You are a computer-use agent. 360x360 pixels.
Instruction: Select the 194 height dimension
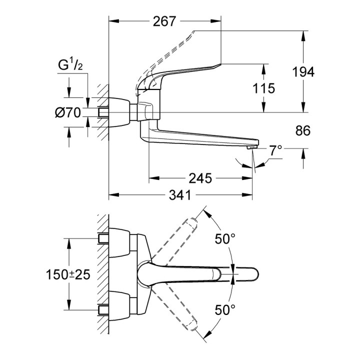click(303, 72)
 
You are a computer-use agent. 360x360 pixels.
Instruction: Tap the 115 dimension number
click(264, 89)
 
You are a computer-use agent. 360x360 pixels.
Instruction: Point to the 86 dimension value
click(303, 131)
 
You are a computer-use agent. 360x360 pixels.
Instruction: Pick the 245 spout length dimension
click(200, 178)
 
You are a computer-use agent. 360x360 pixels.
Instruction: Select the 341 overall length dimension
click(180, 195)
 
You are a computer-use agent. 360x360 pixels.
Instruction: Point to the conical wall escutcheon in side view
click(120, 111)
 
